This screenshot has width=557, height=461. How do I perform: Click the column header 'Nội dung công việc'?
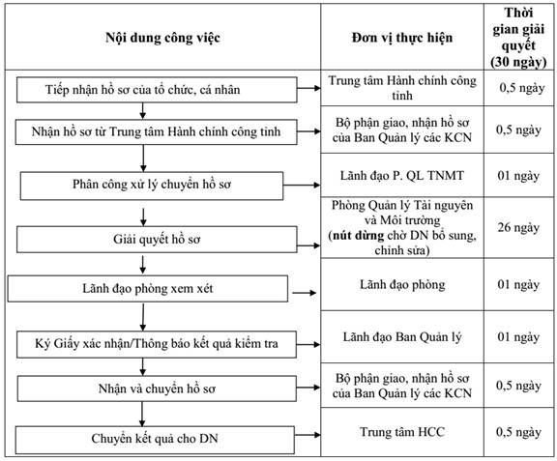162,38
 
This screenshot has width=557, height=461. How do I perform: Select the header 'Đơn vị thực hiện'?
402,38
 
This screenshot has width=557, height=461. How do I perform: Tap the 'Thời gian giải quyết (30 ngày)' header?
518,38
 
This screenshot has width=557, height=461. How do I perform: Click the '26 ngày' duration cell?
518,227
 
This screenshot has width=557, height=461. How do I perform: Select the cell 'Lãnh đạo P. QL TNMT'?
402,176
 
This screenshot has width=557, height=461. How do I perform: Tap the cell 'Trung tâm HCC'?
402,432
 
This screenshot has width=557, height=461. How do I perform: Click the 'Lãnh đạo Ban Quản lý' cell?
402,336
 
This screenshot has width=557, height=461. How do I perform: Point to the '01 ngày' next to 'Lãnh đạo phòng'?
518,284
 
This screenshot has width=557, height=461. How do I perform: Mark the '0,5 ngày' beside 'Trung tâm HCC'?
518,432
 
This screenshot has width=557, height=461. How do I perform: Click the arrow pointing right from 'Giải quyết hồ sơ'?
308,245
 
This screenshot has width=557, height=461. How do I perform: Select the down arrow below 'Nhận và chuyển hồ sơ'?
142,414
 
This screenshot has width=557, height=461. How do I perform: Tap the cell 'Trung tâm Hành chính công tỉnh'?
402,88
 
